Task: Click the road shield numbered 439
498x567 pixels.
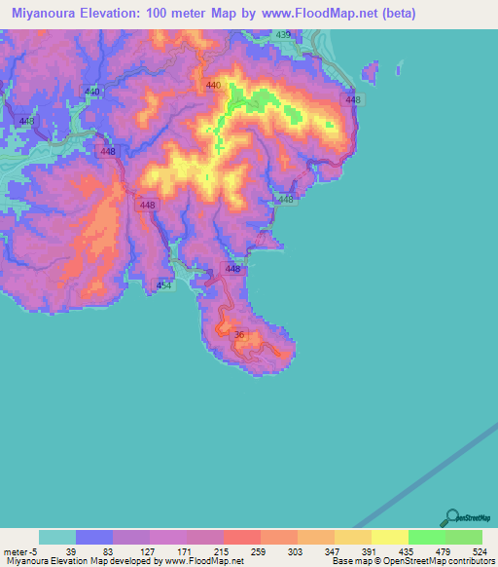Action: point(283,35)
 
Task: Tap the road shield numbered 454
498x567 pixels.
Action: point(164,285)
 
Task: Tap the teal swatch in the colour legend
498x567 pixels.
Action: point(57,537)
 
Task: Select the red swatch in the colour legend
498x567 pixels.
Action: point(242,537)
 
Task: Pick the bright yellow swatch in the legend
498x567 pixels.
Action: point(390,537)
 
